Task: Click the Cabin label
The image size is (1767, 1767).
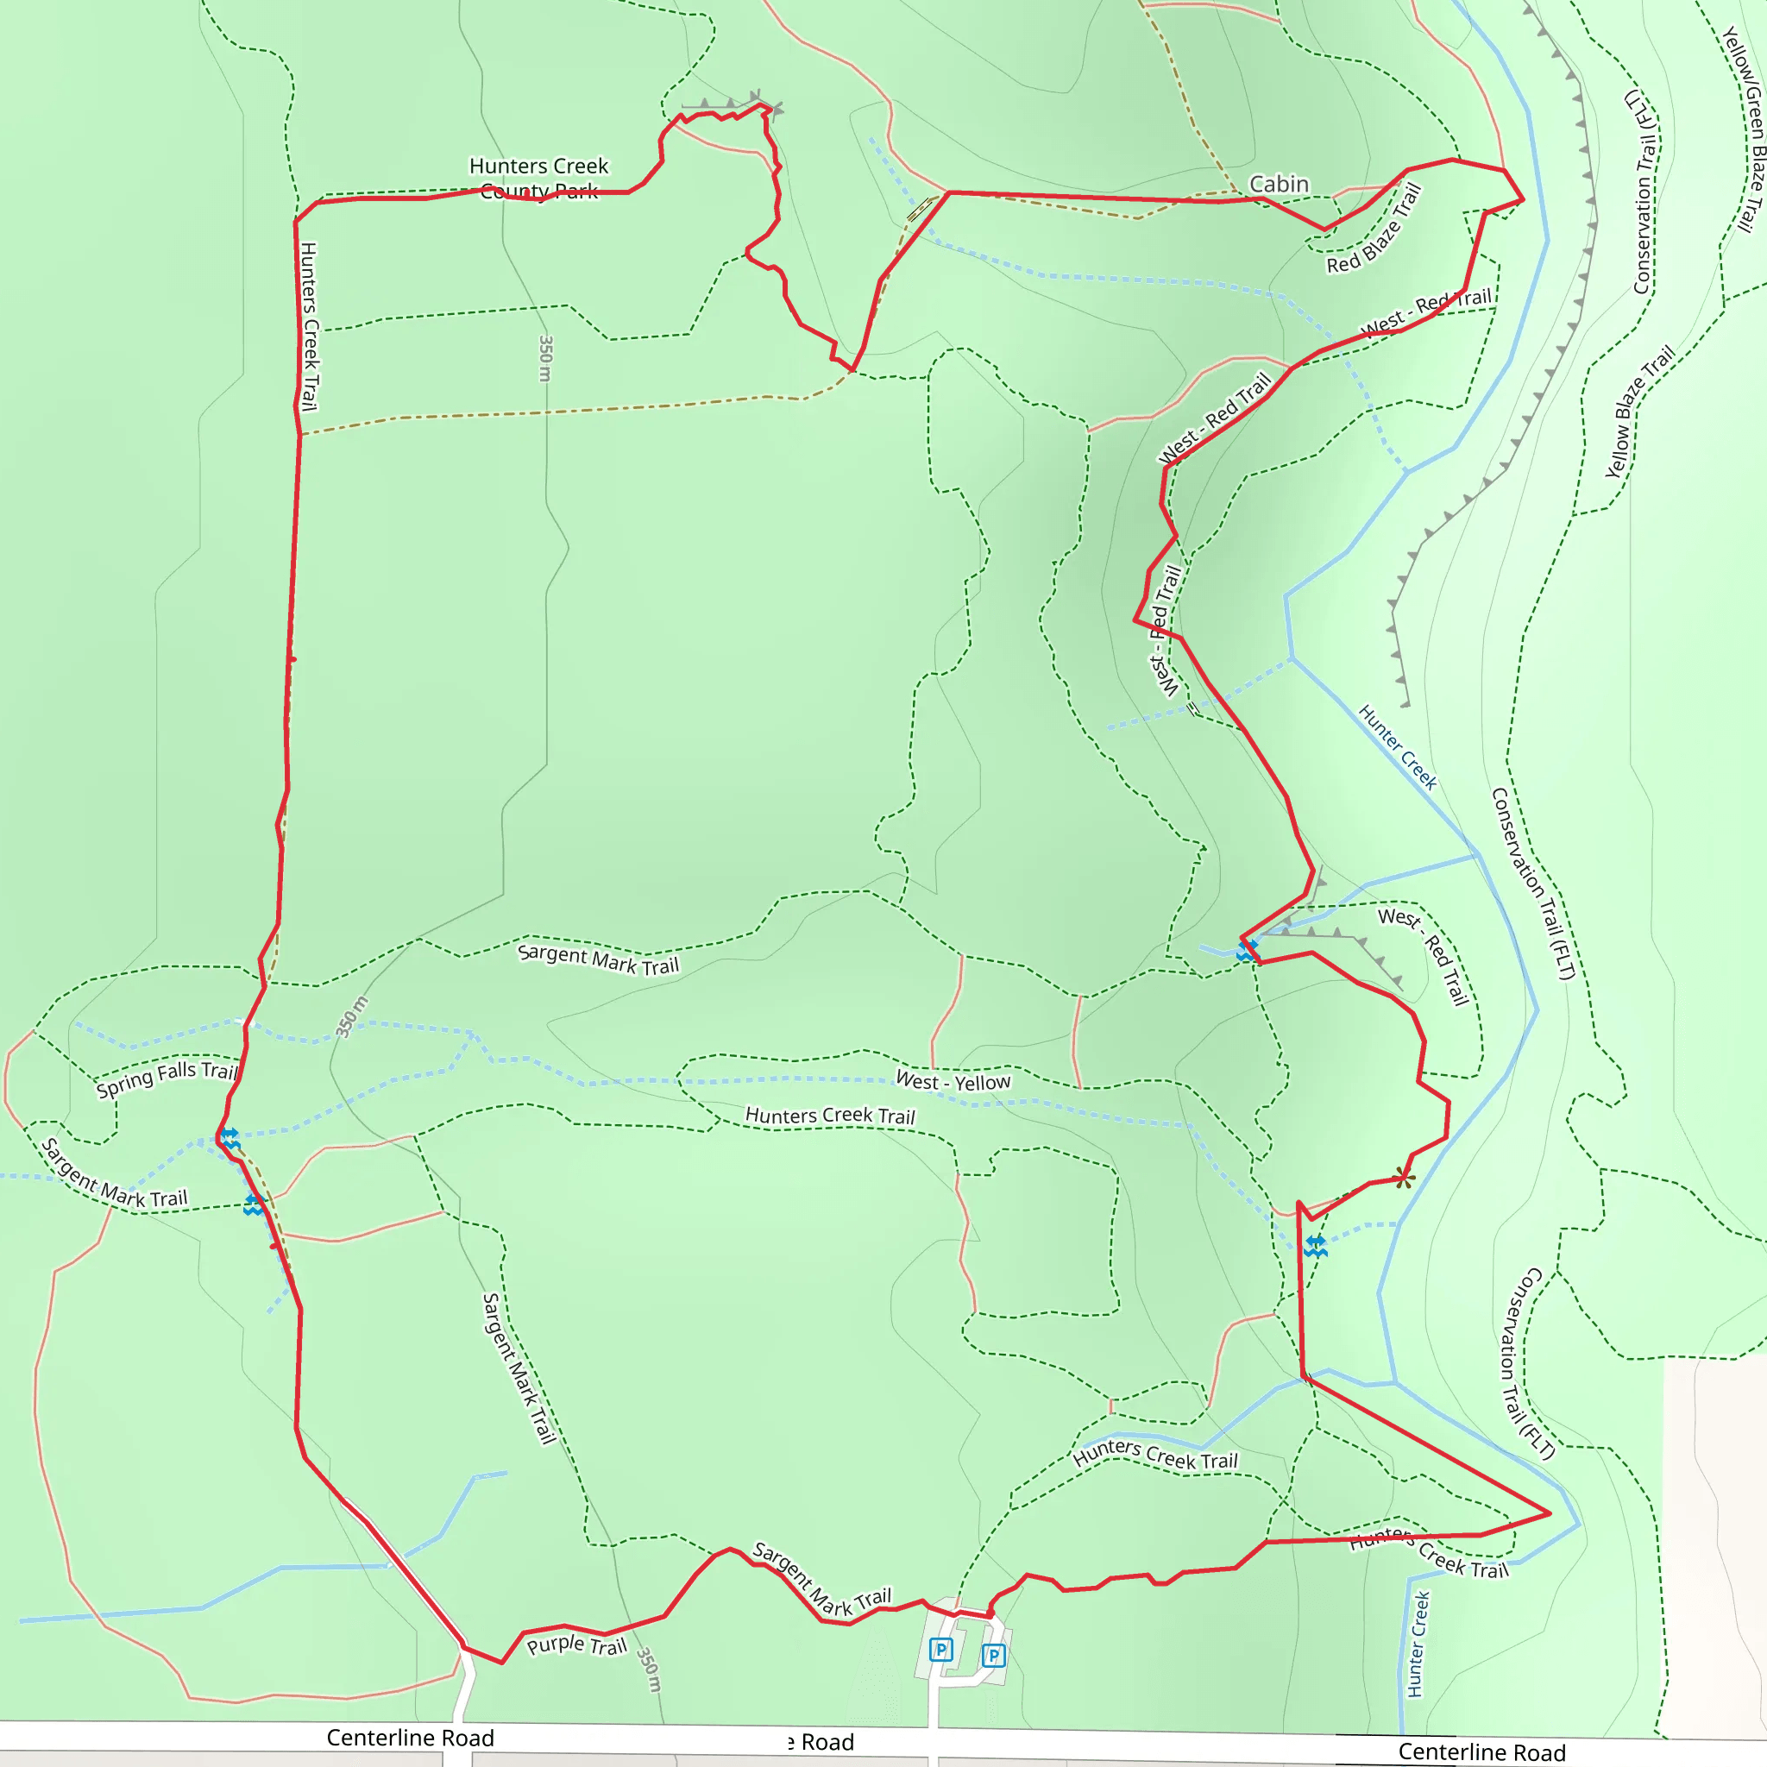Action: pos(1279,185)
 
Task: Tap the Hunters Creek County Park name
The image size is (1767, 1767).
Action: pos(538,179)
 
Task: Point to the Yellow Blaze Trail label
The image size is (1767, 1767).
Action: pos(1640,411)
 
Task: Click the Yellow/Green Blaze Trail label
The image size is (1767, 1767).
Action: pos(1743,128)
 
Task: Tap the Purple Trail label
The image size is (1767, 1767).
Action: pos(576,1645)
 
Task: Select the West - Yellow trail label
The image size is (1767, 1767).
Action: pos(953,1082)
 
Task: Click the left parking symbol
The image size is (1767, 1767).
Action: pos(941,1649)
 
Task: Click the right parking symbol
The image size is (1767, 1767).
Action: pos(993,1655)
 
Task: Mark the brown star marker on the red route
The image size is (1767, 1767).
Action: pos(1404,1178)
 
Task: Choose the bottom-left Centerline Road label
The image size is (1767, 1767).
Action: pos(410,1738)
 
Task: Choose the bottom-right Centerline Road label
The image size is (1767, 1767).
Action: pos(1481,1751)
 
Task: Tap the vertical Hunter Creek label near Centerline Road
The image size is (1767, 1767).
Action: pos(1418,1644)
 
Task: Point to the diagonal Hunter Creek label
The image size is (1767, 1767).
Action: pos(1397,747)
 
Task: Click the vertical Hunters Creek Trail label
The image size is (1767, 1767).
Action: pos(310,326)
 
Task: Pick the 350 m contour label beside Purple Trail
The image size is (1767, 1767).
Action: pos(648,1670)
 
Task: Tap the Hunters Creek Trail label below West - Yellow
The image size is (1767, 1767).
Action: pos(829,1116)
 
